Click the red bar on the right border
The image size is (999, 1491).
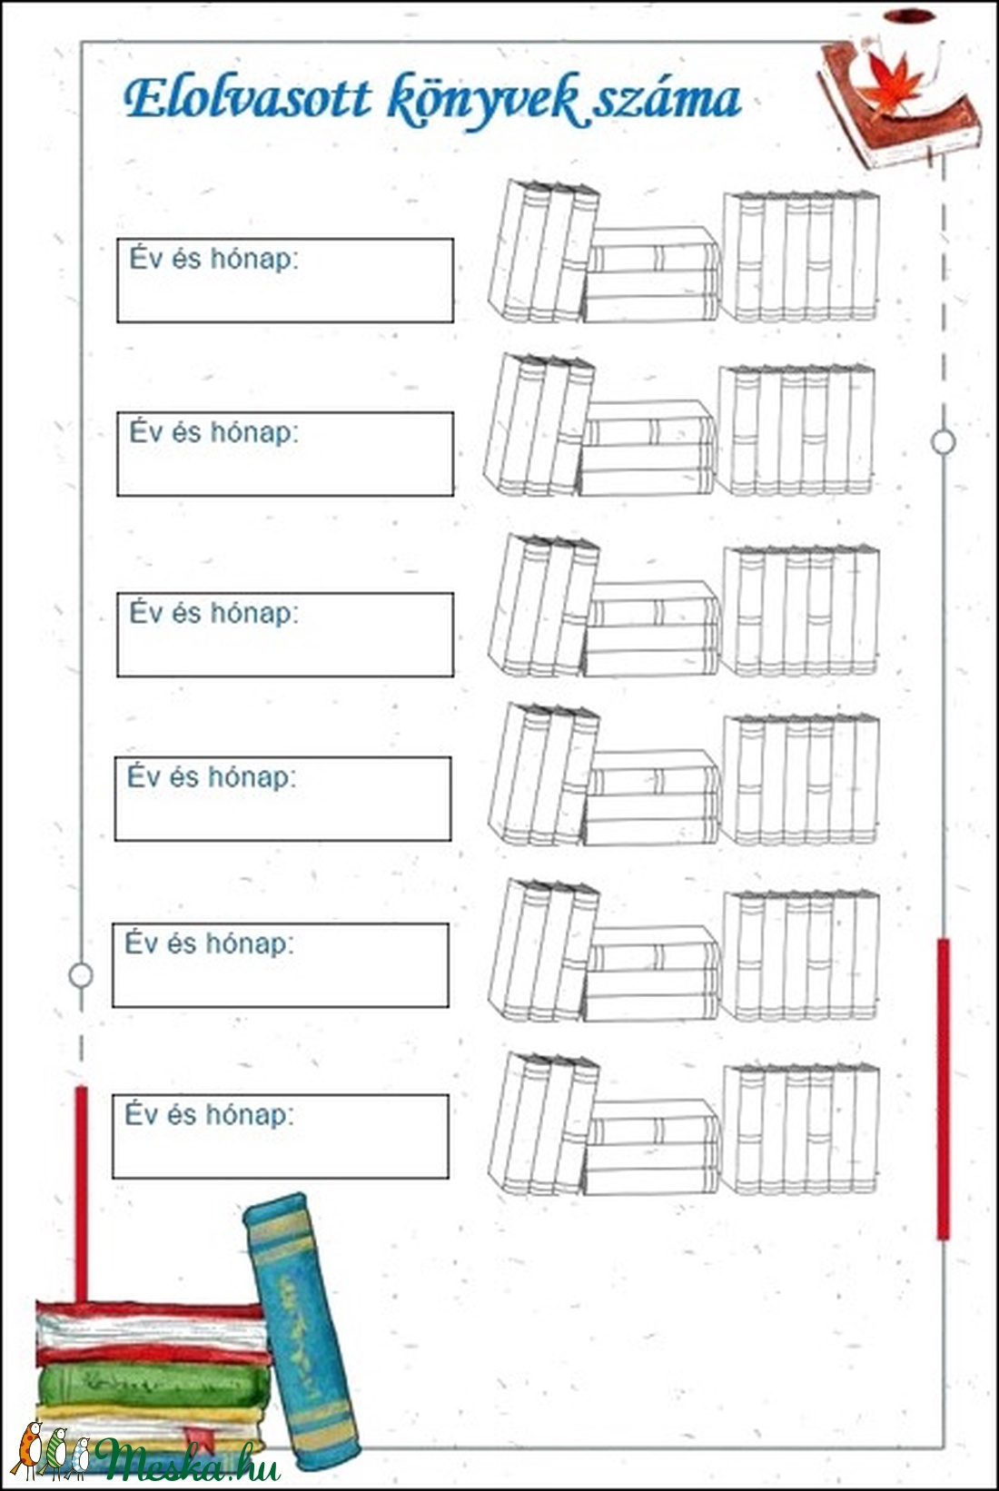tap(943, 1089)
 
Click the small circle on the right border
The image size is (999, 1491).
tap(943, 441)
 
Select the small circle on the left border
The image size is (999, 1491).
tap(81, 975)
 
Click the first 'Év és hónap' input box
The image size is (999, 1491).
tap(285, 281)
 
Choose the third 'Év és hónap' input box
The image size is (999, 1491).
tap(285, 635)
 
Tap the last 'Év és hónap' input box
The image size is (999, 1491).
tap(281, 1136)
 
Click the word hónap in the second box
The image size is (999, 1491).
tap(254, 432)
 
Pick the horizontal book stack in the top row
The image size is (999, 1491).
tap(652, 273)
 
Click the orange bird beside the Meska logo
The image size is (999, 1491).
tap(29, 1447)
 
